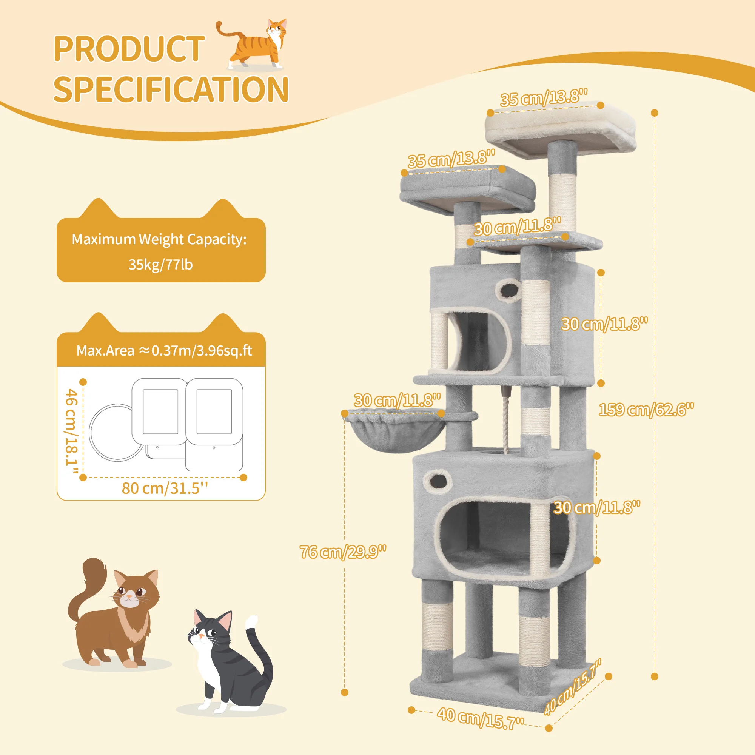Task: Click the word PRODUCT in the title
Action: click(129, 48)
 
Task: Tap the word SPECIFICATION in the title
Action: click(171, 89)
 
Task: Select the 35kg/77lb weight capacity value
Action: click(160, 265)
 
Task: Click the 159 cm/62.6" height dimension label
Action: click(646, 409)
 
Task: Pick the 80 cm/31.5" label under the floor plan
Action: click(165, 488)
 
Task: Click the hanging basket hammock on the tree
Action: click(395, 430)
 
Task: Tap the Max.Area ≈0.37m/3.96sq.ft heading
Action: click(164, 351)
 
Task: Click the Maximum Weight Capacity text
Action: click(159, 239)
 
